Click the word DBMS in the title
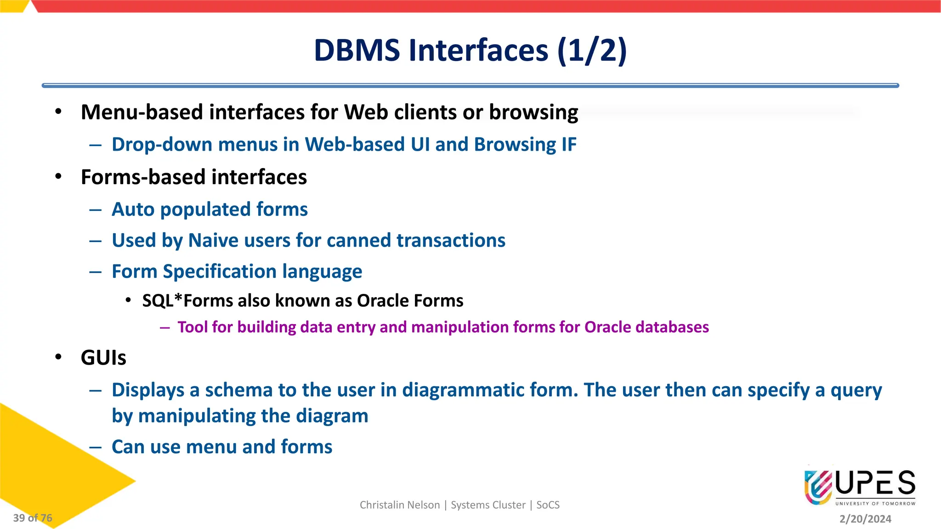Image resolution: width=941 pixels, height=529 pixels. (x=357, y=50)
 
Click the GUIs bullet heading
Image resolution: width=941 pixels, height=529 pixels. (x=103, y=358)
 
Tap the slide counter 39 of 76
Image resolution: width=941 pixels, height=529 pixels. (x=33, y=518)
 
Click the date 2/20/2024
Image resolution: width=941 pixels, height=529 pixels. (x=865, y=519)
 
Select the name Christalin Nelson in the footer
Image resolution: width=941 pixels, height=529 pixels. (x=399, y=505)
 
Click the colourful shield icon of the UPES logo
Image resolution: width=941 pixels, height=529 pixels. (x=818, y=487)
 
